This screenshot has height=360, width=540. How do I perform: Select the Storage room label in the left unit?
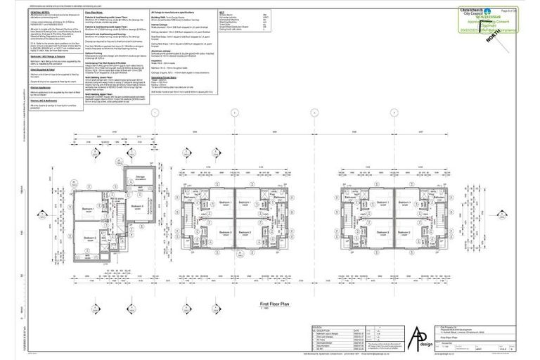click(139, 178)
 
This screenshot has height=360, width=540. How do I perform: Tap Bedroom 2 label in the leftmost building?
click(89, 239)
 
